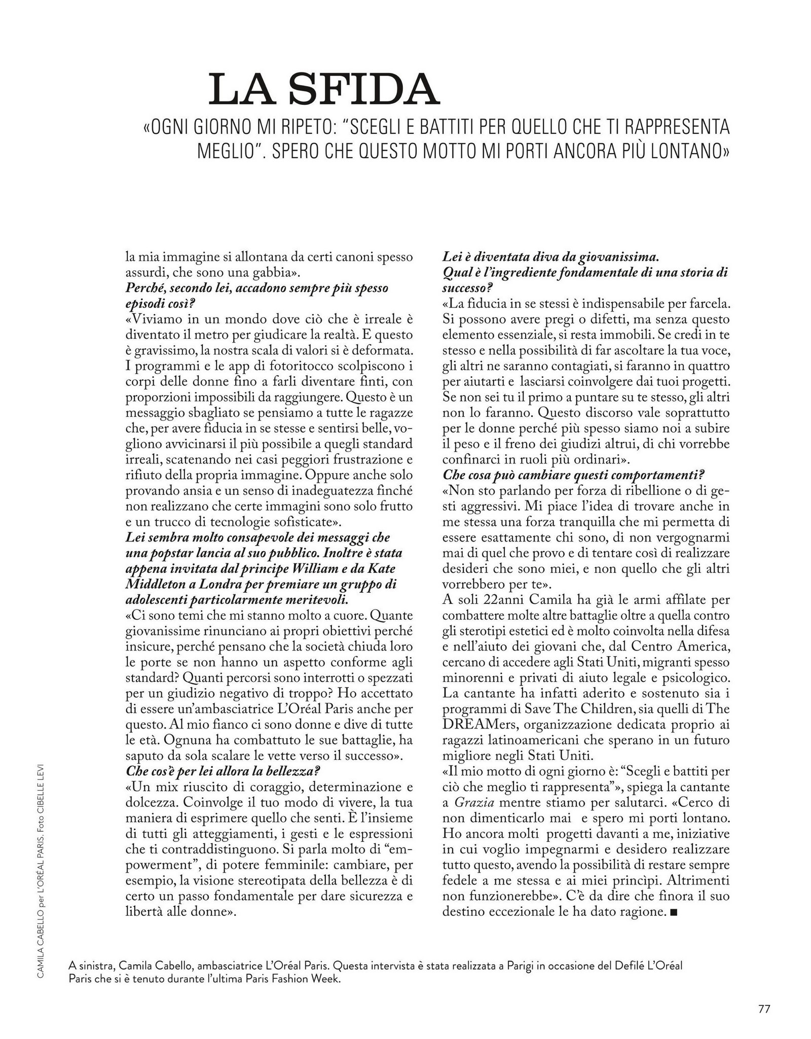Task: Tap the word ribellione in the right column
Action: [630, 490]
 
